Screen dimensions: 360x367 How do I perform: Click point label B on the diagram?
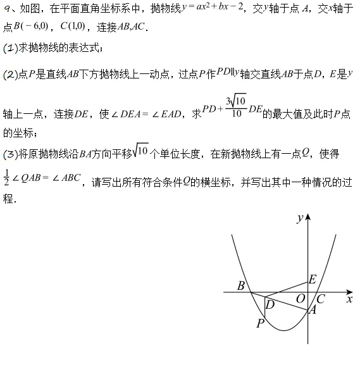click(x=240, y=285)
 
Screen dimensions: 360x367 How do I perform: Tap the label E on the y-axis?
click(x=312, y=279)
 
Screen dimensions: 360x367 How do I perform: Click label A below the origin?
click(x=311, y=310)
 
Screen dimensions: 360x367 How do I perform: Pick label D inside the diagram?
click(x=270, y=305)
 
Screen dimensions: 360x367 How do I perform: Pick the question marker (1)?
click(x=9, y=49)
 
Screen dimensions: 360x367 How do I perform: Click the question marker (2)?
click(x=9, y=74)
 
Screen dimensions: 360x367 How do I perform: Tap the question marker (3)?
click(x=9, y=154)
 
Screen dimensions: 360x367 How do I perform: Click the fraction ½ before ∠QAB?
click(x=7, y=178)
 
